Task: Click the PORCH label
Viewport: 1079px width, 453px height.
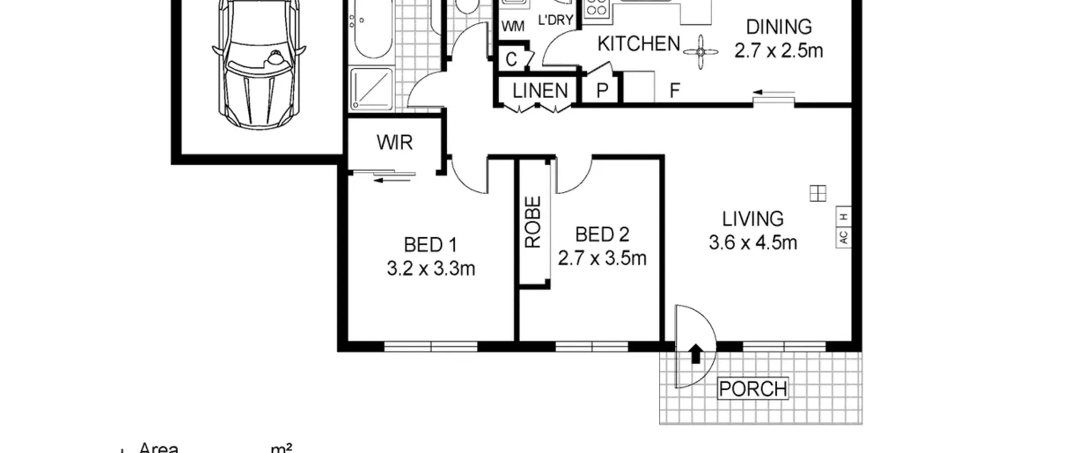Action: point(753,389)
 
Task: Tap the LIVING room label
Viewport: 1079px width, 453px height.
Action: point(753,219)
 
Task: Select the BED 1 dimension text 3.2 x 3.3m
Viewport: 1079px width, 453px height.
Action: point(431,268)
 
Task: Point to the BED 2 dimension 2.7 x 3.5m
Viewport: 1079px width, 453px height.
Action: point(602,258)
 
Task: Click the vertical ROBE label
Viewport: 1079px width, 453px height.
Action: point(532,222)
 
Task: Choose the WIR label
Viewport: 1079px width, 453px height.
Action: point(395,142)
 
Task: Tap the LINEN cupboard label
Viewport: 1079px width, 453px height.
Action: point(540,91)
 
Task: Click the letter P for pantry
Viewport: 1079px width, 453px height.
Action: point(602,91)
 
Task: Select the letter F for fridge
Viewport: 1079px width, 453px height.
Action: point(675,90)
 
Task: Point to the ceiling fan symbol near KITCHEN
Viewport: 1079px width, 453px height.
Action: point(701,52)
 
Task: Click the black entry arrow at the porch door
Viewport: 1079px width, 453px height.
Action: point(696,354)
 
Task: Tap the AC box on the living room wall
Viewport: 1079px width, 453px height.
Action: point(843,237)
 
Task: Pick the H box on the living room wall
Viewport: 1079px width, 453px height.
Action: point(843,217)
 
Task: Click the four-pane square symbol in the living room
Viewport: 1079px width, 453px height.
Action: point(818,193)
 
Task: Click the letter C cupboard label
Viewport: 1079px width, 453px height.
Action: point(511,59)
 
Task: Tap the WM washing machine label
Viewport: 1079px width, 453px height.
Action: point(513,26)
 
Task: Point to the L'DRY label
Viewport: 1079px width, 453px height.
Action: point(556,20)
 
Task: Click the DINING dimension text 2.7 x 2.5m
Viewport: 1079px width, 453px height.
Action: point(778,51)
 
